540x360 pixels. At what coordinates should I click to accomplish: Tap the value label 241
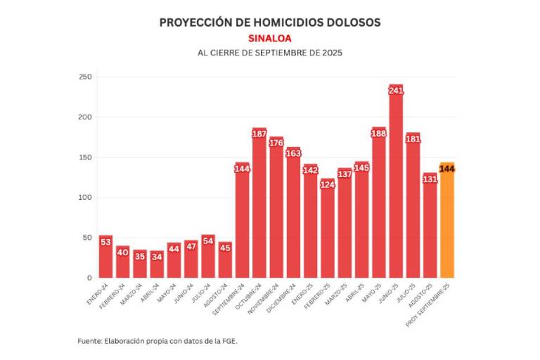pos(396,90)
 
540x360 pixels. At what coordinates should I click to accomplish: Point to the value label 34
pos(157,256)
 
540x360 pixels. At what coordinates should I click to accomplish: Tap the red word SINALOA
pos(269,38)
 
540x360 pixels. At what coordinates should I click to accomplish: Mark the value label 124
pos(328,184)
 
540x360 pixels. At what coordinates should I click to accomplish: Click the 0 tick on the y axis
pos(89,278)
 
